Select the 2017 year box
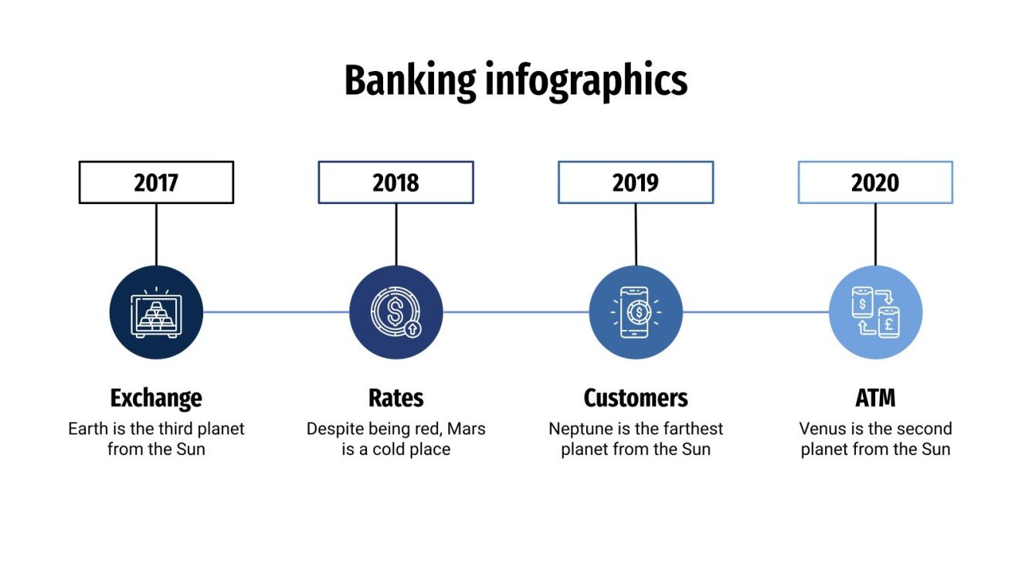pos(156,182)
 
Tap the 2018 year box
pos(395,182)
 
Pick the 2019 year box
pos(635,182)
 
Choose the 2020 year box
pos(874,182)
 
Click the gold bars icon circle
pos(156,312)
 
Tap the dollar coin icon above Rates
pos(395,312)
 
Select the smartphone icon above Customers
pos(635,312)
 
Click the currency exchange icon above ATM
pos(874,312)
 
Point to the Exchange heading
pos(156,398)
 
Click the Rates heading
pos(395,398)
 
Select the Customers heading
pos(635,398)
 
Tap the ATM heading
pos(874,398)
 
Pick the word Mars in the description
pos(466,429)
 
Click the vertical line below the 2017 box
pos(156,234)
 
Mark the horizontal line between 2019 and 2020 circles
pos(755,312)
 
